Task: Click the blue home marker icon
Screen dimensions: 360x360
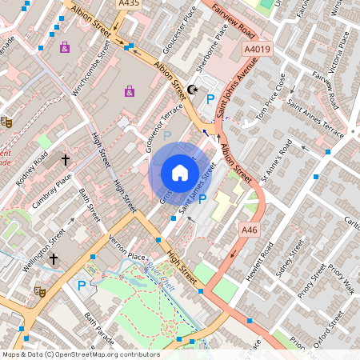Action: click(180, 173)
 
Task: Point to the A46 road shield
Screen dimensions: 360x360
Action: click(249, 230)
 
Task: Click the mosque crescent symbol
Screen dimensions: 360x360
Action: click(191, 90)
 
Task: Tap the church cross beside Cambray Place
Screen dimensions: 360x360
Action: click(66, 160)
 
